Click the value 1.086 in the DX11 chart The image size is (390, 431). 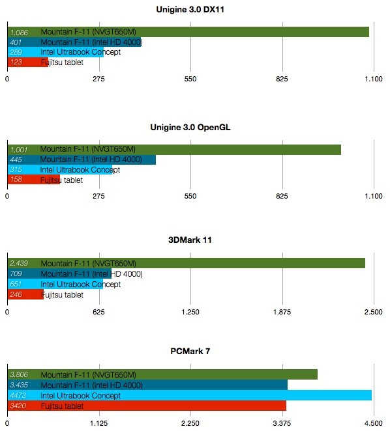pos(18,31)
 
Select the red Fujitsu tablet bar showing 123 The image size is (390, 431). pos(27,62)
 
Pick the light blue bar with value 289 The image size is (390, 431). pos(55,52)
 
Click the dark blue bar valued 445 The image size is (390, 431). pos(82,160)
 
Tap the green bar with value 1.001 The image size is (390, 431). pos(174,149)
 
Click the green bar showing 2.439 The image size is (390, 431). pos(186,263)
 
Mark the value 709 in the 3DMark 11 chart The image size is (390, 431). pos(17,274)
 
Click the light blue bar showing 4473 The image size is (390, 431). pos(189,395)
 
